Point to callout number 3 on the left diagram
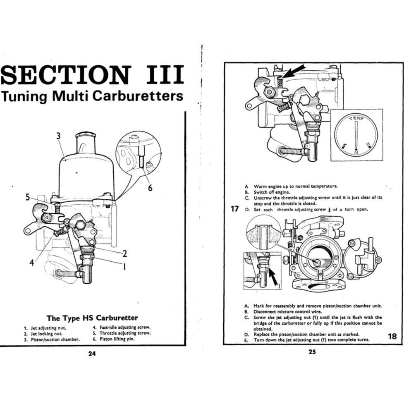[x=59, y=136]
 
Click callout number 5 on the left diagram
[x=28, y=197]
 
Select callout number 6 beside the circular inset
[x=150, y=188]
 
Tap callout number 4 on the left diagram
[x=31, y=262]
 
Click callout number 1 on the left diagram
[x=124, y=266]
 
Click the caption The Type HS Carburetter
[x=92, y=318]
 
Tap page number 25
[x=312, y=352]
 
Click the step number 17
[x=234, y=209]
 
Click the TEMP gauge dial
[x=356, y=135]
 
